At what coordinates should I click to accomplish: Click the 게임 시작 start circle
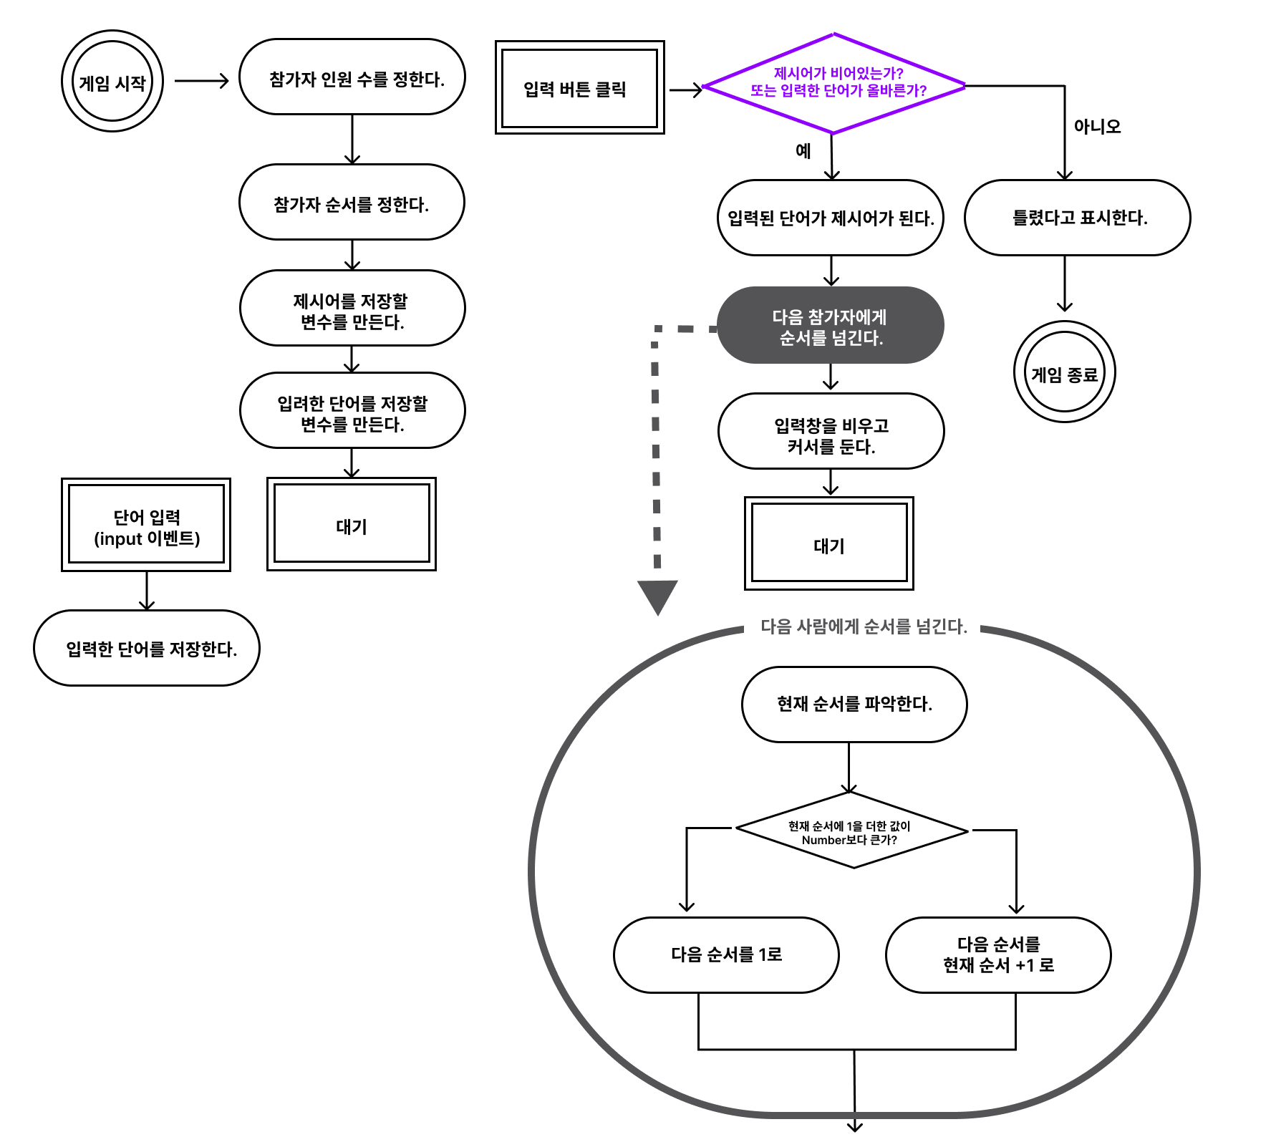[x=112, y=81]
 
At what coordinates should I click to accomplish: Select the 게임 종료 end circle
[x=1065, y=372]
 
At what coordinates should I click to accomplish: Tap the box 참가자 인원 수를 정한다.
[x=352, y=77]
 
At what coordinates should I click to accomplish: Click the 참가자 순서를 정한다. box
[x=352, y=202]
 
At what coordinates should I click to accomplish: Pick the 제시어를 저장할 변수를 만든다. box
[x=352, y=308]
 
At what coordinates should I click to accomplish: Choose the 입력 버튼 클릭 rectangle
[x=580, y=87]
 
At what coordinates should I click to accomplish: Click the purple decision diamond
[x=834, y=83]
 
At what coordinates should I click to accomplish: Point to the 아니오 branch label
[x=1097, y=127]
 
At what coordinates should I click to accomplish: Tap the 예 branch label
[x=803, y=151]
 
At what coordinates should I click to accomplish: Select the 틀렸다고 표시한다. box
[x=1078, y=218]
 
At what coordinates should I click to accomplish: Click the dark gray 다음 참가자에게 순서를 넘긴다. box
[x=831, y=325]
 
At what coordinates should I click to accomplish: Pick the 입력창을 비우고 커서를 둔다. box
[x=831, y=431]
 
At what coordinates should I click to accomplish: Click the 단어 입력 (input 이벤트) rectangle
[x=146, y=525]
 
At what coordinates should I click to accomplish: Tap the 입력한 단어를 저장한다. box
[x=147, y=648]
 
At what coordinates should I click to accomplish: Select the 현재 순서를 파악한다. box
[x=854, y=705]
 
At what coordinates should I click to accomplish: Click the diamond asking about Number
[x=852, y=831]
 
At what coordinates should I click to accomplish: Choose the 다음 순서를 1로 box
[x=726, y=955]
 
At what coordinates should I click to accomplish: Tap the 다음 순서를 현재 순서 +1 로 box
[x=999, y=955]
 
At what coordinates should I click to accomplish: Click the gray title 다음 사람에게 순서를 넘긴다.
[x=864, y=626]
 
